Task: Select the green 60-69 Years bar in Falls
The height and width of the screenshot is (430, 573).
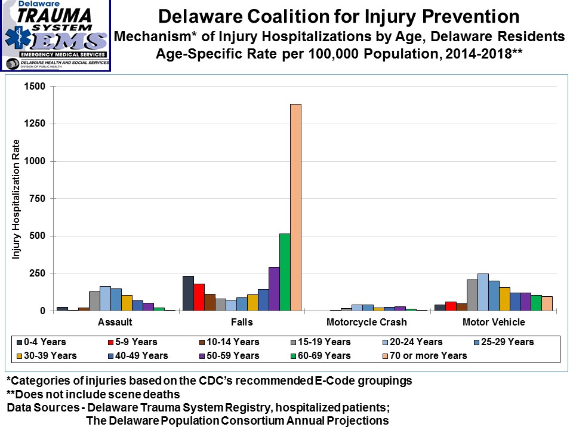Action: pos(285,272)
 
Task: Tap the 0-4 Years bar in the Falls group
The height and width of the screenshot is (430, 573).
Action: pos(188,293)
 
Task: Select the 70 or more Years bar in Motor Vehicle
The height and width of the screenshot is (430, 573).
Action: pos(547,303)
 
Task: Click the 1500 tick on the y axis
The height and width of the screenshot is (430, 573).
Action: pos(35,87)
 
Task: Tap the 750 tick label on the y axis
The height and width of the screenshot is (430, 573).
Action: pos(38,199)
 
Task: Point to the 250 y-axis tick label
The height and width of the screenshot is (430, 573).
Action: pos(38,274)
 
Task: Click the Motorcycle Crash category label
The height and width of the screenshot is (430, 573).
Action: pos(366,322)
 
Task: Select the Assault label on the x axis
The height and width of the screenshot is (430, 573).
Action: pos(115,322)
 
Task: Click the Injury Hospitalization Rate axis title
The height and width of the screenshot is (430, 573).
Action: pos(17,199)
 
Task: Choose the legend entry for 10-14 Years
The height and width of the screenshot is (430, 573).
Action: pos(230,342)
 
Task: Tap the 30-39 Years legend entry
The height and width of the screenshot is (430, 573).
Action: pos(41,355)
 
